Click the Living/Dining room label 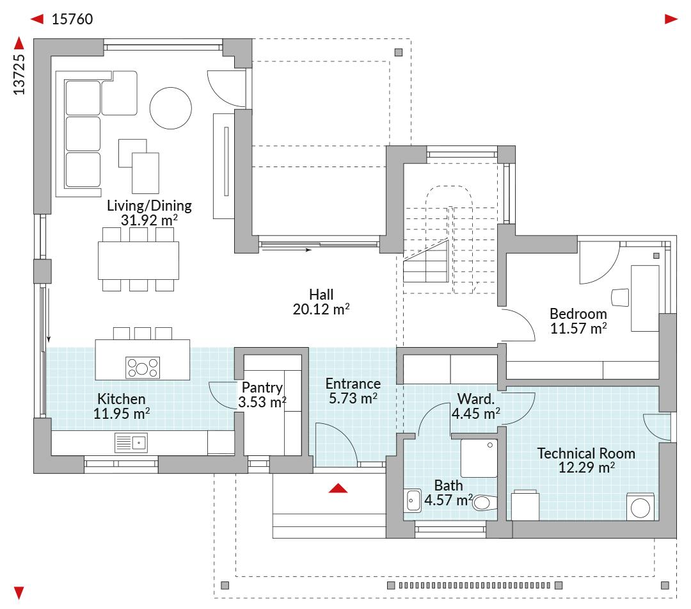point(149,206)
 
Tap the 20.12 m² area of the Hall point(321,309)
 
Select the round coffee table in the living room point(171,108)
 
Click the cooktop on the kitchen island point(143,368)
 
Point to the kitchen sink point(131,443)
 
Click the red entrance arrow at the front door point(338,488)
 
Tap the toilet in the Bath point(485,502)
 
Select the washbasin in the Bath point(413,501)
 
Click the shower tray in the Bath point(479,458)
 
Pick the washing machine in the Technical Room point(640,507)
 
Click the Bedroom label point(578,314)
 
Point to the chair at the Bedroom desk point(620,297)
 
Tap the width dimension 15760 point(72,19)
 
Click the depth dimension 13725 point(19,74)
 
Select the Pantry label point(262,387)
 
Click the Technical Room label point(586,453)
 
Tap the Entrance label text point(353,384)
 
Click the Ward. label point(476,399)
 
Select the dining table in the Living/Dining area point(138,260)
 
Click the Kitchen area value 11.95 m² point(122,414)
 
